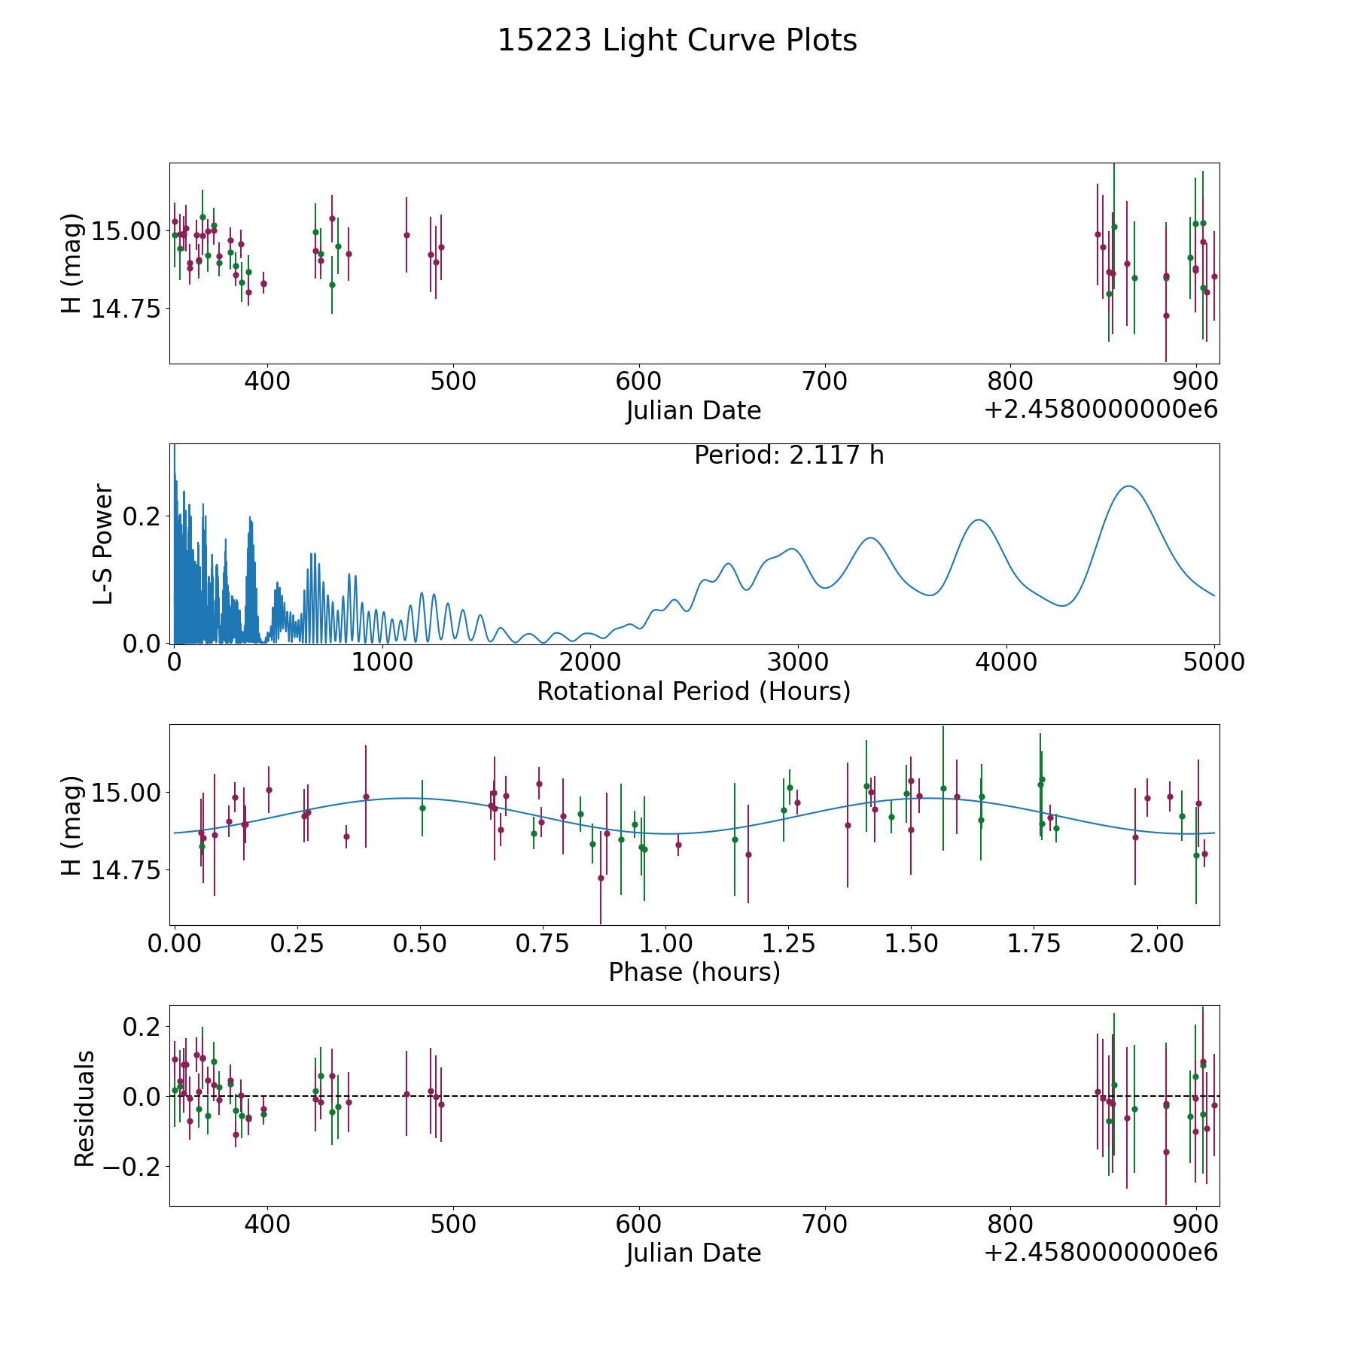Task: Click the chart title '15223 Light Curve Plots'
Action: [677, 41]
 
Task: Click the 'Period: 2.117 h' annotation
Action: [788, 455]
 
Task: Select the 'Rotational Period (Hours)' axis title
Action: [693, 691]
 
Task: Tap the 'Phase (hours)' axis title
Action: [694, 972]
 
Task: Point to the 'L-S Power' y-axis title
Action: [104, 544]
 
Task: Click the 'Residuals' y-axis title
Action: [84, 1108]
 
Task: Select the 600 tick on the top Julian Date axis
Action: [638, 381]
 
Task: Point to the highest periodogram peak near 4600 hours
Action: [1128, 486]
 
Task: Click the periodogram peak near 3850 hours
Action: [978, 519]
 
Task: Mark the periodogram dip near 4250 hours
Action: [1062, 605]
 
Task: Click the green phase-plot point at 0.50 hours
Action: [422, 808]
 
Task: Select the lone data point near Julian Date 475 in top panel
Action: [406, 235]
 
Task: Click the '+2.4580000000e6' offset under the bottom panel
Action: [1101, 1253]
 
